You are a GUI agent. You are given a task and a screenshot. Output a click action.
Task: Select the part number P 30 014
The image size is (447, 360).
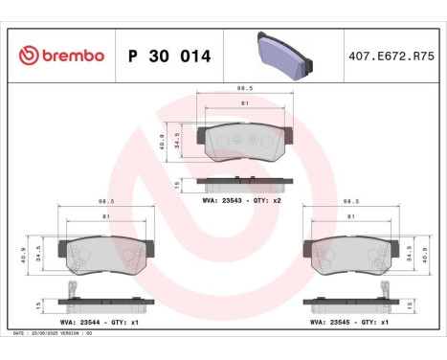169,56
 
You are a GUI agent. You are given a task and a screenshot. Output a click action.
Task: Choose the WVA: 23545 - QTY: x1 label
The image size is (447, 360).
347,323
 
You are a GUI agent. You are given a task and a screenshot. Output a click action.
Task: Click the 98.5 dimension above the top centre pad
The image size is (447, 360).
244,88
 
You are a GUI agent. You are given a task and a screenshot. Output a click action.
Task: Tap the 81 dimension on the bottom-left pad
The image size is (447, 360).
106,217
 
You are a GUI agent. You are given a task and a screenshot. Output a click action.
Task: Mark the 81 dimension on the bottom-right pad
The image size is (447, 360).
352,217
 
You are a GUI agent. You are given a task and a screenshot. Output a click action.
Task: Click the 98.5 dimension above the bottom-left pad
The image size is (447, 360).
106,202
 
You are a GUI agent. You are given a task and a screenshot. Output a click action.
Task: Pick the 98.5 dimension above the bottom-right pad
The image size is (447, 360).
351,202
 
